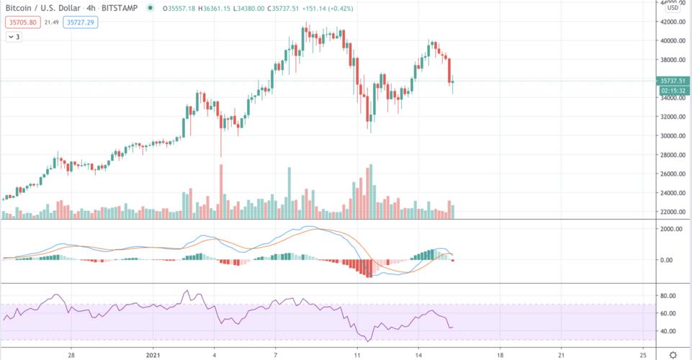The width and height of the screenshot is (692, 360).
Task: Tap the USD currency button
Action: tap(672, 8)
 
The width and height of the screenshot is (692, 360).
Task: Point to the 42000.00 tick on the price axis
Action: tap(674, 22)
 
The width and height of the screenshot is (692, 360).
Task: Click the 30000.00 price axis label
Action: tap(674, 136)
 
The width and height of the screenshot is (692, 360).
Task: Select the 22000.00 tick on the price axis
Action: tap(674, 212)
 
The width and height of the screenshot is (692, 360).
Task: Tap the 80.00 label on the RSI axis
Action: tap(670, 296)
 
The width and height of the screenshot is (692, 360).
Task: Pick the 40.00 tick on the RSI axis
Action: tap(670, 331)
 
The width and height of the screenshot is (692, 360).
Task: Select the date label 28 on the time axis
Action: tap(71, 355)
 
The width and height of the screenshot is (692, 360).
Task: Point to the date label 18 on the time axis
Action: tap(500, 355)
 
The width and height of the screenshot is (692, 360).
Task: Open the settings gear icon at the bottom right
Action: tap(673, 354)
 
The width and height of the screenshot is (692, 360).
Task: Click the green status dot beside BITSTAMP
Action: tap(149, 8)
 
